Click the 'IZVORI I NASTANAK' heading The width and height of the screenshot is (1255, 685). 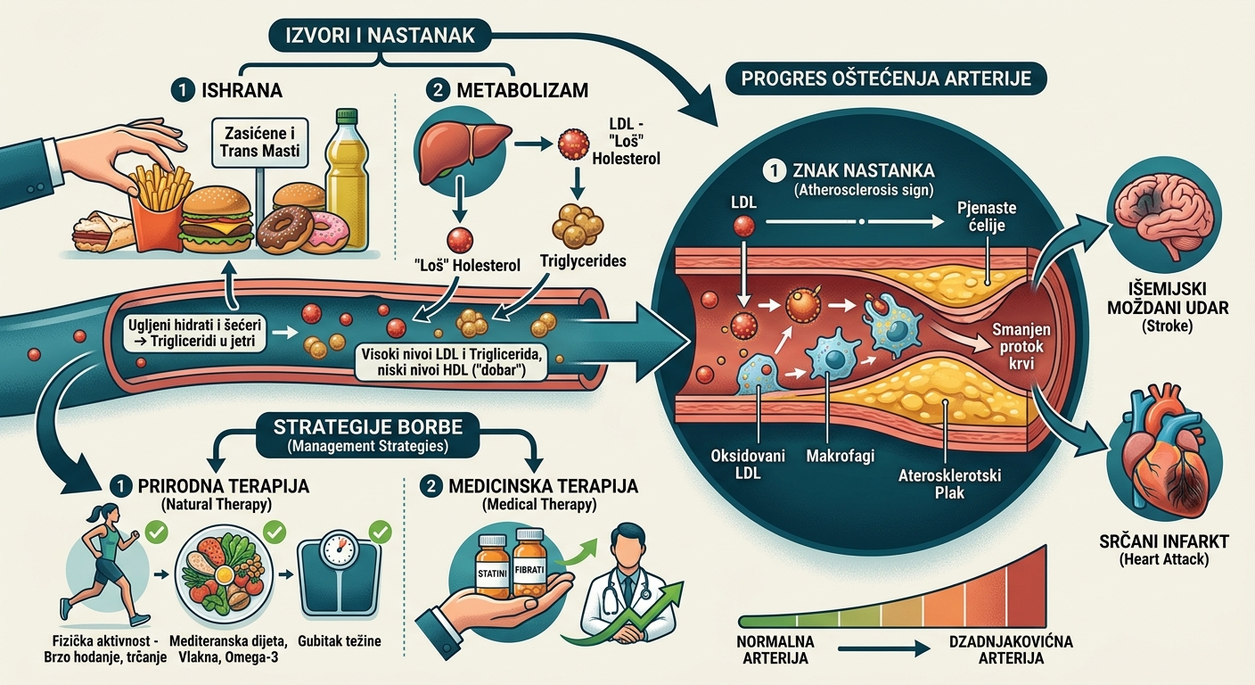click(x=380, y=36)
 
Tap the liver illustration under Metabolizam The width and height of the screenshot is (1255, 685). click(x=463, y=151)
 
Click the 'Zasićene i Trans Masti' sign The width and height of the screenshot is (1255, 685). click(x=260, y=143)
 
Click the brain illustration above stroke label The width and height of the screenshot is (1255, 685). click(x=1163, y=215)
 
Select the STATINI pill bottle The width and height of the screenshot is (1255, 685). click(x=493, y=566)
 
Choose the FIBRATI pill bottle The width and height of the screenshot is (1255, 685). click(x=529, y=562)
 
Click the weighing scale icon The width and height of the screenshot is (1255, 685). click(x=340, y=576)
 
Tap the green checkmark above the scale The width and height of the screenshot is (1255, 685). click(x=380, y=532)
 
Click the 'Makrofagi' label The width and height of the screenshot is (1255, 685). click(x=840, y=456)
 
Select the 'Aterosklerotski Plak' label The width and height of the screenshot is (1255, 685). click(x=949, y=483)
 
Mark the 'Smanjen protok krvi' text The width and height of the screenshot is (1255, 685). click(x=1021, y=346)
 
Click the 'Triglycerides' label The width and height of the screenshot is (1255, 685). click(x=583, y=260)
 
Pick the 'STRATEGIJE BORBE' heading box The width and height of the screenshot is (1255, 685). click(x=367, y=435)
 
